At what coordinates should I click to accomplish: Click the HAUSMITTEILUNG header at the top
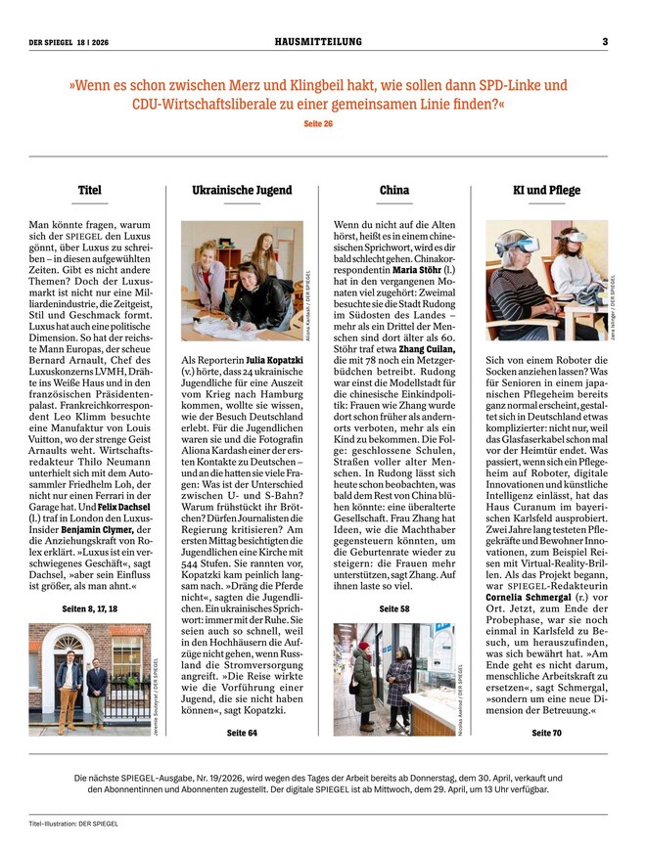[318, 41]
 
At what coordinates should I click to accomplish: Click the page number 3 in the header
[605, 41]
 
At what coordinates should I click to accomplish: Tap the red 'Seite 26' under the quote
[319, 124]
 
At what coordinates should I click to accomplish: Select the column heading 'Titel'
[89, 190]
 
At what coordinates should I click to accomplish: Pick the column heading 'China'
[393, 190]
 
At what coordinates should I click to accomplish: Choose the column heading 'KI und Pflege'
[546, 190]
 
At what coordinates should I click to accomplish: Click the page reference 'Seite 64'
[241, 733]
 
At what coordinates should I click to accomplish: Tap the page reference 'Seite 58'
[393, 609]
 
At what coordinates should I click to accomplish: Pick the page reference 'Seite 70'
[546, 733]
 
